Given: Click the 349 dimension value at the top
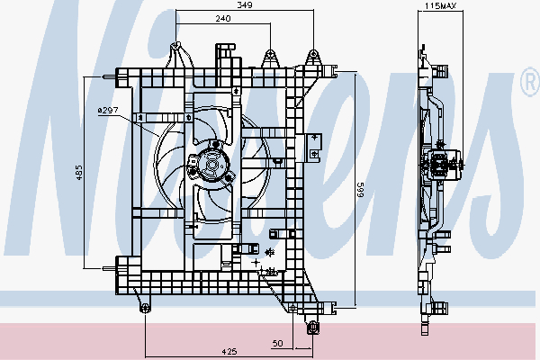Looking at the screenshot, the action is [x=245, y=4].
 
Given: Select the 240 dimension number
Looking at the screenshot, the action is [x=223, y=18].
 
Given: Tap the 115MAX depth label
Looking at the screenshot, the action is [x=440, y=5].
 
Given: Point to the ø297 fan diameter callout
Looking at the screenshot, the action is [x=108, y=110].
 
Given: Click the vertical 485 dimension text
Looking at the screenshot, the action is [x=79, y=173].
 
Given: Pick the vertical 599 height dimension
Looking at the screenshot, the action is [x=361, y=190].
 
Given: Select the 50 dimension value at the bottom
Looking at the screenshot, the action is [x=277, y=343].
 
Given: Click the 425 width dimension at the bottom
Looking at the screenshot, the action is [x=229, y=351].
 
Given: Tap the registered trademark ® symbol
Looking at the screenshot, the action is [x=531, y=82].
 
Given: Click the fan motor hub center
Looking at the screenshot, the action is [x=211, y=165].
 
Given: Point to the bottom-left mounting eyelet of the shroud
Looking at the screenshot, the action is [x=145, y=308].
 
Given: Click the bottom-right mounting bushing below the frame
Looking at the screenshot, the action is [x=312, y=328].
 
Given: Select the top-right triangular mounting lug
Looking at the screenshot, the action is [x=312, y=58].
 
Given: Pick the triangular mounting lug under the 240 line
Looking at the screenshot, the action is [x=270, y=58].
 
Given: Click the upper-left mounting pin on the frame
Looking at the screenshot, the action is [x=109, y=76].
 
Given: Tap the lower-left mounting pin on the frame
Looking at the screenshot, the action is [x=109, y=268].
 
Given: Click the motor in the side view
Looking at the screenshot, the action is [x=442, y=165].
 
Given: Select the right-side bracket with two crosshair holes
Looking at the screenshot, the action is [x=313, y=146].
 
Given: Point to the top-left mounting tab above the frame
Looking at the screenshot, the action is [x=178, y=55].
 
